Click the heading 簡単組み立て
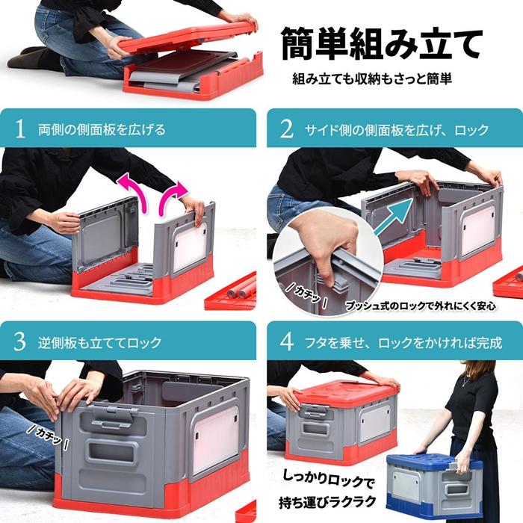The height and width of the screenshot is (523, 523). coord(381,45)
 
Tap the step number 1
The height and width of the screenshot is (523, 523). coord(20,129)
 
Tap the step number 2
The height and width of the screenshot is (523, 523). coord(286,129)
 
